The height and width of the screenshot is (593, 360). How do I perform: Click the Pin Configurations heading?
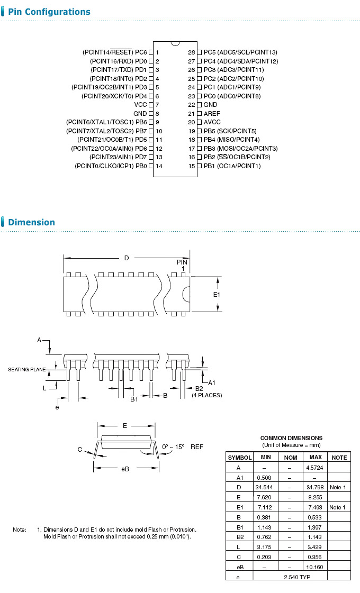point(49,12)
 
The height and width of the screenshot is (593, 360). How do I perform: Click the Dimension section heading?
point(31,222)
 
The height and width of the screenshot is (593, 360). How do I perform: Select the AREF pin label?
point(212,113)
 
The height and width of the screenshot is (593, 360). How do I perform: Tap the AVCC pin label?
point(212,122)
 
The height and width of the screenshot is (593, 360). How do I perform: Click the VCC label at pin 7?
point(140,105)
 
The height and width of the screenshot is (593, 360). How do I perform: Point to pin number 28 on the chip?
point(192,52)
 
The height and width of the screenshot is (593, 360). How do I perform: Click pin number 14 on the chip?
point(158,166)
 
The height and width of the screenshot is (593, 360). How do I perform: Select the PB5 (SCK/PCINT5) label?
point(230,131)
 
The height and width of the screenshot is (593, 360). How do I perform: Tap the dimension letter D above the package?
point(127,258)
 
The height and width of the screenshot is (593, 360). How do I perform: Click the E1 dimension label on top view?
point(216,294)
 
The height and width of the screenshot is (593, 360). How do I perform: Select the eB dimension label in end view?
point(125,469)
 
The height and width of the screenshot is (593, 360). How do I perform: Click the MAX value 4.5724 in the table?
point(316,468)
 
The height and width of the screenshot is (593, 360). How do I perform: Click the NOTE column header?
point(338,457)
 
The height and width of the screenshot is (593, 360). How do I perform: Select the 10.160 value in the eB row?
point(316,567)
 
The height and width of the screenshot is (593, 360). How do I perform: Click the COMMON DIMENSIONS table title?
point(291,438)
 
